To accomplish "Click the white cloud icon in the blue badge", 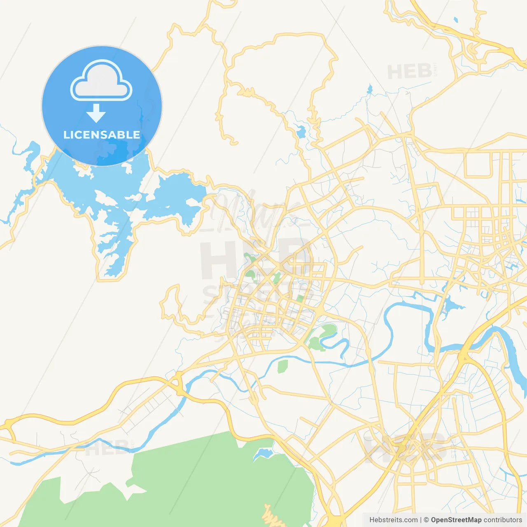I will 101,82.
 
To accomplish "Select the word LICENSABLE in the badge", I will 102,135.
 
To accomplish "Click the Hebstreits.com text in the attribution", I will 393,520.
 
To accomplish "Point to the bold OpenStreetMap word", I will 456,520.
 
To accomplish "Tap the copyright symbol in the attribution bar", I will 426,520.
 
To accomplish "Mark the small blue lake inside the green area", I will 263,454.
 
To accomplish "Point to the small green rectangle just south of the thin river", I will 282,366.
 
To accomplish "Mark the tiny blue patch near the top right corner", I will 455,19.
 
